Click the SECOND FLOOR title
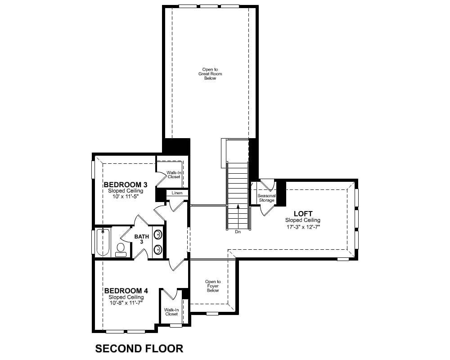point(139,348)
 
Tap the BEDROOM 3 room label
point(126,184)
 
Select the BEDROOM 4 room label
point(126,291)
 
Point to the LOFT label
point(303,214)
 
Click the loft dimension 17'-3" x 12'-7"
point(303,227)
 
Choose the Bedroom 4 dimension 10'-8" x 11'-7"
point(126,303)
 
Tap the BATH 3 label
point(142,239)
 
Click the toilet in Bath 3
point(121,250)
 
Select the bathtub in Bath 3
point(103,242)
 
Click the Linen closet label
point(177,193)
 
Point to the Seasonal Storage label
point(266,198)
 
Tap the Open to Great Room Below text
point(210,74)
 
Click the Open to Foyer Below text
point(213,286)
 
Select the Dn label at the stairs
point(238,232)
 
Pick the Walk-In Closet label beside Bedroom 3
point(174,175)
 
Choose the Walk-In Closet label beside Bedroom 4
point(171,312)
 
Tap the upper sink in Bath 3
point(157,234)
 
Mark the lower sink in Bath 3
point(157,249)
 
